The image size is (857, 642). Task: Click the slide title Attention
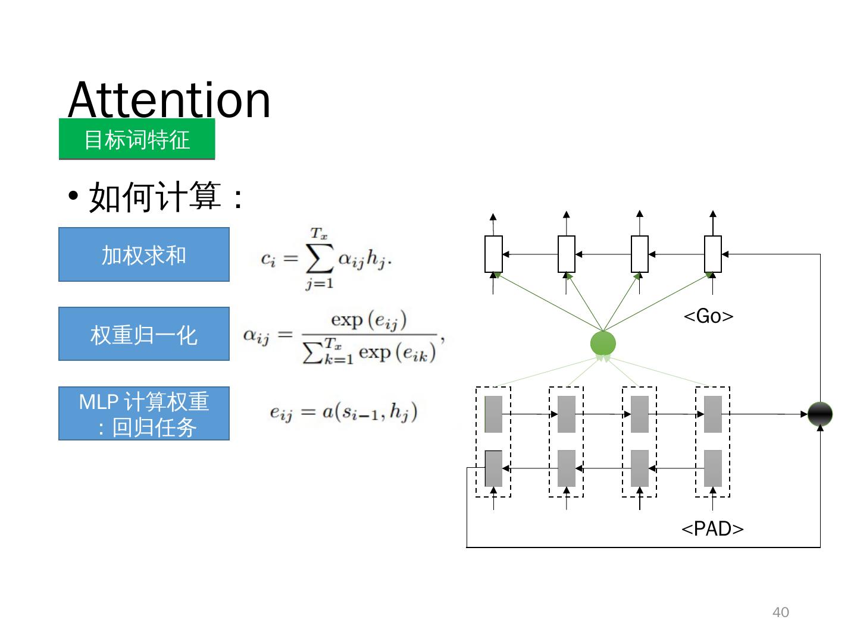click(x=169, y=99)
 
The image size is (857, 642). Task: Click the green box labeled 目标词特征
click(x=137, y=139)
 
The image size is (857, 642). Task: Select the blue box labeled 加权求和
click(x=144, y=254)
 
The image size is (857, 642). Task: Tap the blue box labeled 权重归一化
click(x=144, y=334)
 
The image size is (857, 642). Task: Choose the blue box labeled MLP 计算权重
click(x=144, y=414)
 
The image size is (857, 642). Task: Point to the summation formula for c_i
click(x=326, y=259)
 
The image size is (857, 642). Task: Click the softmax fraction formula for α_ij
click(x=344, y=336)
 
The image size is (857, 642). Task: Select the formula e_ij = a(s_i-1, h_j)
click(x=343, y=411)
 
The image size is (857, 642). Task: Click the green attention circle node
click(x=603, y=344)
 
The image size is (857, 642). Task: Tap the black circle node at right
click(x=820, y=414)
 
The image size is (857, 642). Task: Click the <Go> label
click(x=708, y=316)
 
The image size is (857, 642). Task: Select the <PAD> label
click(x=712, y=528)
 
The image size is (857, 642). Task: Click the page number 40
click(x=780, y=612)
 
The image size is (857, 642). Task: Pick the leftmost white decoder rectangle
click(x=493, y=254)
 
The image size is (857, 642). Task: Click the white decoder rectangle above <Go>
click(x=713, y=254)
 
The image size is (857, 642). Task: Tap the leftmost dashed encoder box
click(x=493, y=442)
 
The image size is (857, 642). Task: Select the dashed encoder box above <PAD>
click(x=713, y=442)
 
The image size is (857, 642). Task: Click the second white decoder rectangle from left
click(x=567, y=254)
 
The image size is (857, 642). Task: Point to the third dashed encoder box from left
click(x=640, y=442)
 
